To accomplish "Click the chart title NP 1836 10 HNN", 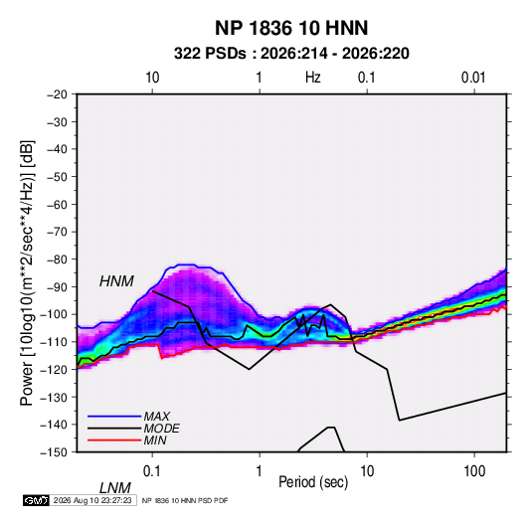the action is pyautogui.click(x=291, y=28).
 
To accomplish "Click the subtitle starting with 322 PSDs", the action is pyautogui.click(x=291, y=54).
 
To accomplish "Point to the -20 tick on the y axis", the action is pyautogui.click(x=57, y=94).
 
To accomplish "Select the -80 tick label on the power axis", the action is pyautogui.click(x=57, y=260).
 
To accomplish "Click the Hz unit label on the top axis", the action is pyautogui.click(x=313, y=78).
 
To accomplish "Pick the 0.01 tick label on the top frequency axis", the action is pyautogui.click(x=473, y=78).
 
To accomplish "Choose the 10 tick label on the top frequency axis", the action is pyautogui.click(x=152, y=78).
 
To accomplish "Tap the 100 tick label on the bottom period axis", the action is pyautogui.click(x=474, y=471).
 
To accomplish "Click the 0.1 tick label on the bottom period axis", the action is pyautogui.click(x=152, y=471).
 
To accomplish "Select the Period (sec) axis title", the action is pyautogui.click(x=313, y=482).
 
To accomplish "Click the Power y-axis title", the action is pyautogui.click(x=27, y=272).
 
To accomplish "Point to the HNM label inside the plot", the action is pyautogui.click(x=116, y=281).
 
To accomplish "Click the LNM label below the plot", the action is pyautogui.click(x=115, y=488).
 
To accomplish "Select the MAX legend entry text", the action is pyautogui.click(x=157, y=416).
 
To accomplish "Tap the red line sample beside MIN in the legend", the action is pyautogui.click(x=114, y=440).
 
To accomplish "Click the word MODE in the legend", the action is pyautogui.click(x=161, y=429).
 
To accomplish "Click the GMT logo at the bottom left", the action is pyautogui.click(x=37, y=500).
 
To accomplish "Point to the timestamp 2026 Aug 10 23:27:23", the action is pyautogui.click(x=92, y=500).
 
